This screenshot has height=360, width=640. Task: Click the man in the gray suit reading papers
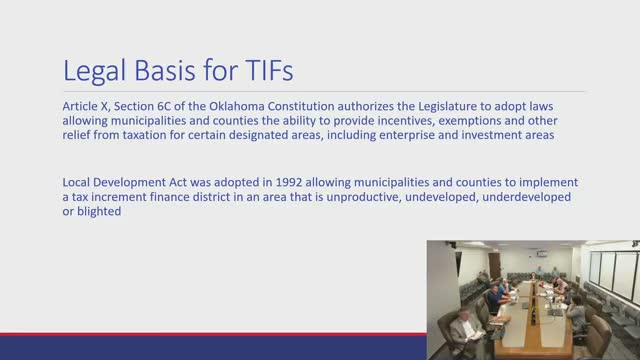point(463,329)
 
